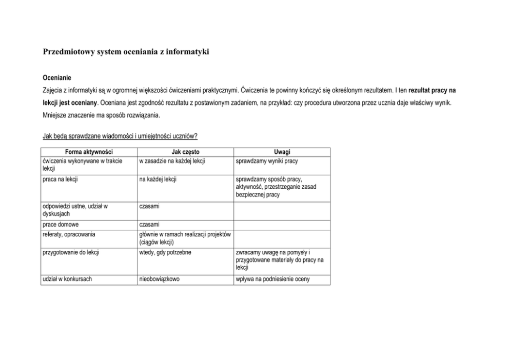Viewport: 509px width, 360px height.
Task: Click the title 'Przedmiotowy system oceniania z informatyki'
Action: click(x=126, y=52)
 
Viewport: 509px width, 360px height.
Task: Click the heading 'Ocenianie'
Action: click(x=56, y=78)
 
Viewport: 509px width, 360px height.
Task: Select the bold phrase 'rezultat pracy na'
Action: click(x=432, y=90)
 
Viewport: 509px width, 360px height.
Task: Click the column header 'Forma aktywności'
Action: click(x=89, y=152)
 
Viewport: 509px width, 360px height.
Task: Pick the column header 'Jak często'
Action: click(x=185, y=152)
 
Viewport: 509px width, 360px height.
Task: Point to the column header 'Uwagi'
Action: click(x=282, y=152)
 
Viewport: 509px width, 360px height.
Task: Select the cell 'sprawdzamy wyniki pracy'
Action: click(x=267, y=161)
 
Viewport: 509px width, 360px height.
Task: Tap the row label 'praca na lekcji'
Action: click(x=61, y=179)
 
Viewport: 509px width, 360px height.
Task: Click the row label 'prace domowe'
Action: click(x=61, y=225)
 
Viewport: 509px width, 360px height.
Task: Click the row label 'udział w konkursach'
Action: click(x=68, y=279)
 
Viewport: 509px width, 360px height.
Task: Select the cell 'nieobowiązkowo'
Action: click(x=160, y=279)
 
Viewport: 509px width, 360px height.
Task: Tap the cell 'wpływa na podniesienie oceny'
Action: click(x=273, y=279)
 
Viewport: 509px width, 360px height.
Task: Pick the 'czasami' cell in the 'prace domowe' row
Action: click(x=149, y=225)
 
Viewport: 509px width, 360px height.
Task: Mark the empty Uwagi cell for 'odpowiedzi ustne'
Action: click(x=282, y=210)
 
